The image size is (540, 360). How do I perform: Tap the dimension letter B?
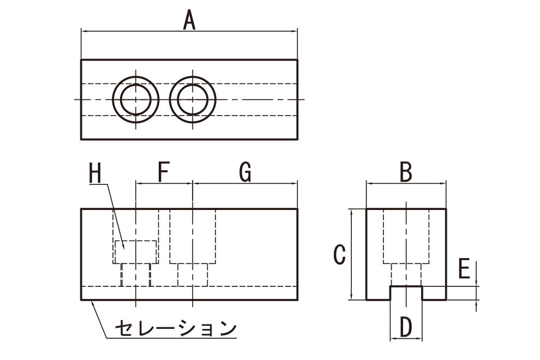[406, 172]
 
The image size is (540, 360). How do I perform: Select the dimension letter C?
[340, 255]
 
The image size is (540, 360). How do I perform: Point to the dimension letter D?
[406, 327]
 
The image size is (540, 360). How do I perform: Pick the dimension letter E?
[464, 269]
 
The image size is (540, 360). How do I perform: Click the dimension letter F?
[164, 172]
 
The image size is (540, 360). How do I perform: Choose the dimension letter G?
[245, 172]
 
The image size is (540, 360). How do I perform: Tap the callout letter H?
[95, 172]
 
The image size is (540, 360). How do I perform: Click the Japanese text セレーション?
[176, 328]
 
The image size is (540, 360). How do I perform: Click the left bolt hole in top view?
[136, 76]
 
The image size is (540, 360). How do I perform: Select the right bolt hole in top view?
[193, 76]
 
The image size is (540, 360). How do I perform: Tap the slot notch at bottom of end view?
[406, 286]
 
